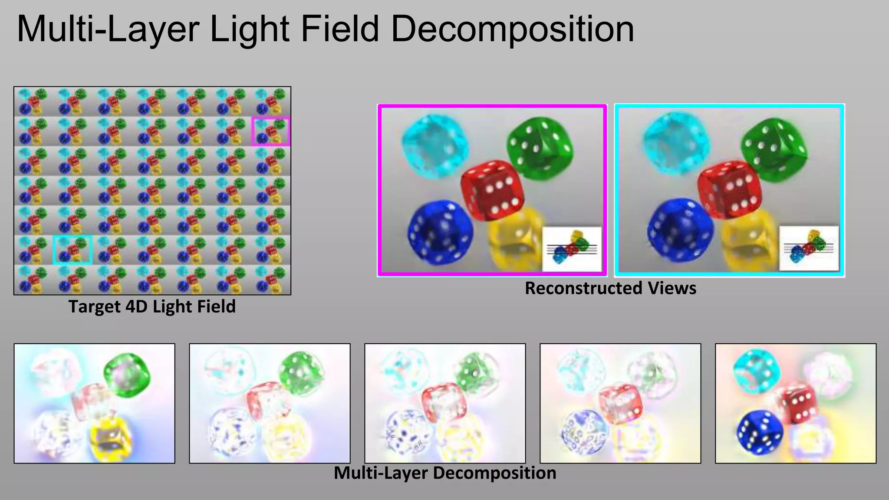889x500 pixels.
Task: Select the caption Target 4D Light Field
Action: tap(152, 306)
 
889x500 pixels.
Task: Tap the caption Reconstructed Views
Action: tap(610, 288)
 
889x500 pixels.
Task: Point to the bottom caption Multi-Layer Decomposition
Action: tap(445, 473)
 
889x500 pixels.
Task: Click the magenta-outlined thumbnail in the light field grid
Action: tap(271, 131)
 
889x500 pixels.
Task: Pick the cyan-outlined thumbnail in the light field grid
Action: tap(72, 250)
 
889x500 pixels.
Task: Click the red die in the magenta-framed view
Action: tap(492, 189)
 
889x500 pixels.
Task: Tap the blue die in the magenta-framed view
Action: tap(440, 232)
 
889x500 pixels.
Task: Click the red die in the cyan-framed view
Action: tap(729, 189)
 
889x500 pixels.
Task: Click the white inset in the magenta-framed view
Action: tap(572, 249)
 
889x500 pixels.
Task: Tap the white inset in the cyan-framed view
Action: tap(809, 248)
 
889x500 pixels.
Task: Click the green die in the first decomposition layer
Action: tap(127, 374)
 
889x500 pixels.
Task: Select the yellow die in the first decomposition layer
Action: tap(111, 439)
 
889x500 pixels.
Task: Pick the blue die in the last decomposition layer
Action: tap(760, 431)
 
